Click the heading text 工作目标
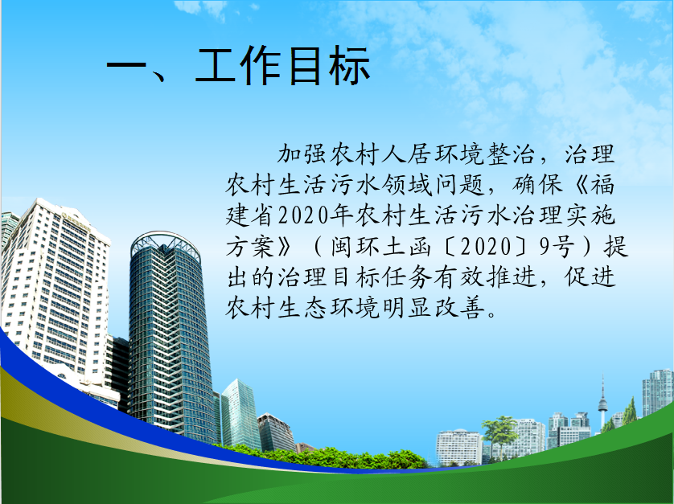tap(282, 65)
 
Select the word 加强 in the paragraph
tap(302, 154)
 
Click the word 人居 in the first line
tap(407, 154)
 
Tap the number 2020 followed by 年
tap(304, 215)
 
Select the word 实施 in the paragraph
tap(590, 215)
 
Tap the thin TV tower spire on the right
tap(602, 400)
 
